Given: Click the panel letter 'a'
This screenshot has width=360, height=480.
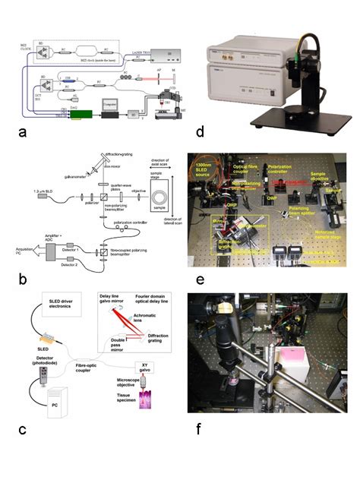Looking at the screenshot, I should [24, 131].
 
